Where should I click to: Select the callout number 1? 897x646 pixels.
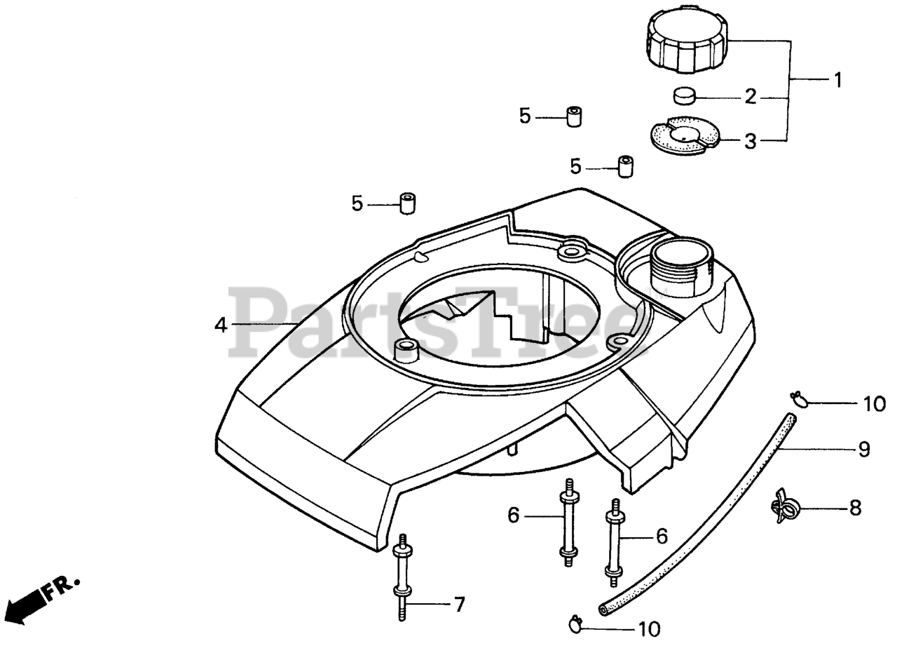(x=836, y=79)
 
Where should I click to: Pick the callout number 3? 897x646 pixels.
(x=750, y=142)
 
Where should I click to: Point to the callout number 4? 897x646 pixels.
(x=221, y=325)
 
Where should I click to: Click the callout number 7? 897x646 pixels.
(x=458, y=604)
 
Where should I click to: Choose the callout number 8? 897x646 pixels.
(x=855, y=508)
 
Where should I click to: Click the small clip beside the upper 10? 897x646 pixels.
(x=799, y=401)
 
